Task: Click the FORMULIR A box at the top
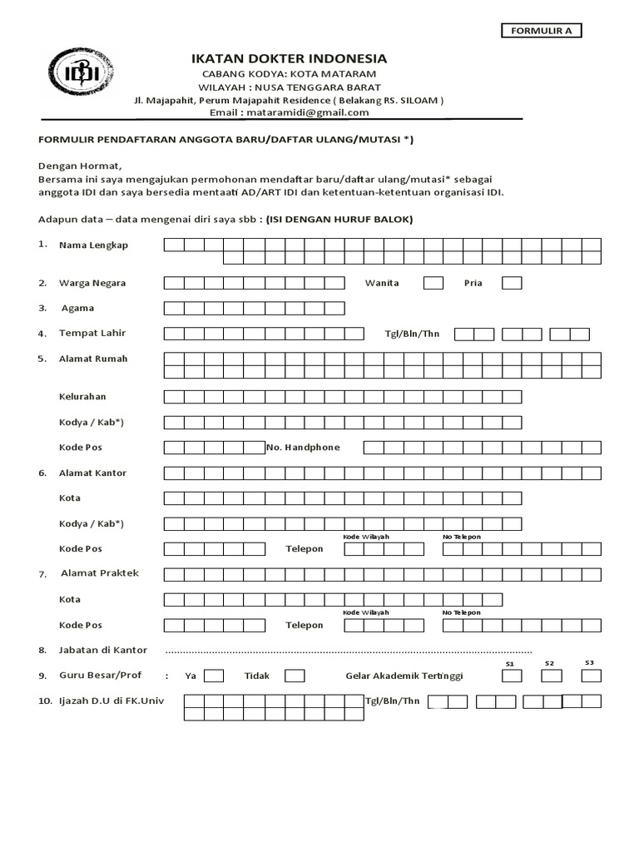pos(541,31)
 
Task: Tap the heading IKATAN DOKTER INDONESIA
pos(289,58)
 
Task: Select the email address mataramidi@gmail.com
pos(289,112)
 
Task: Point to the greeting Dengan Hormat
pos(80,166)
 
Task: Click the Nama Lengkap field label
pos(93,245)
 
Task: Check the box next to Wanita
pos(433,283)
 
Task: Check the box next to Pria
pos(511,283)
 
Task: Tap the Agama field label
pos(80,308)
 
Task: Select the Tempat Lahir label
pos(92,334)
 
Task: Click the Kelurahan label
pos(82,397)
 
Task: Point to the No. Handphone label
pos(303,448)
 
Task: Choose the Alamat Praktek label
pos(100,573)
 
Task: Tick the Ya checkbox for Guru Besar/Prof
pos(214,676)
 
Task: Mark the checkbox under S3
pos(591,676)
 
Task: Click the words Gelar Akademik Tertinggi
pos(404,676)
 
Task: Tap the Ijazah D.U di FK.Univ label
pos(111,701)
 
